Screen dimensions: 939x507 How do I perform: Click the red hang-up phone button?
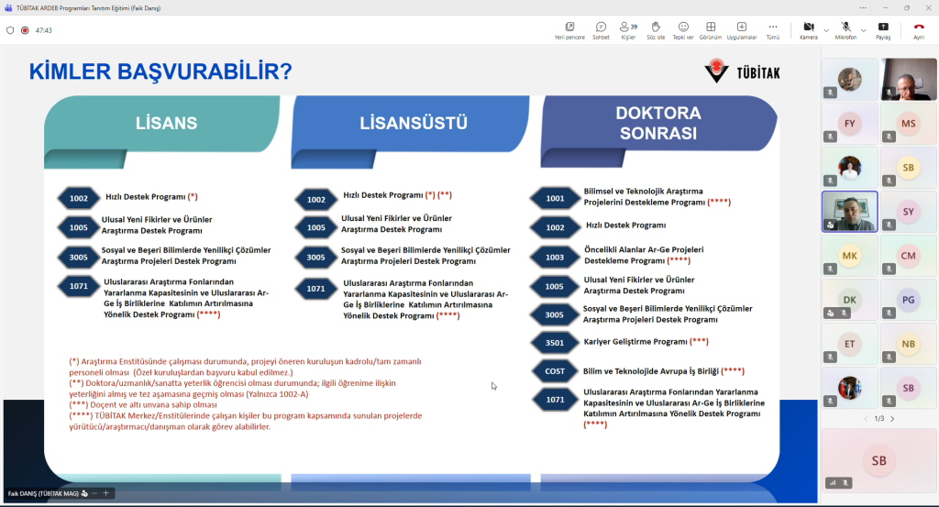click(x=918, y=27)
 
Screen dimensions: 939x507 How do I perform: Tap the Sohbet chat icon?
click(x=601, y=27)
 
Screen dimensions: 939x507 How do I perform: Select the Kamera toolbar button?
click(x=809, y=27)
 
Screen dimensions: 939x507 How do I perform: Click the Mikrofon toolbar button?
click(x=845, y=27)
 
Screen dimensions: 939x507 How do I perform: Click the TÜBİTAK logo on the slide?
click(x=742, y=72)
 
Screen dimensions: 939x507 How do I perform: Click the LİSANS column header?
click(x=166, y=123)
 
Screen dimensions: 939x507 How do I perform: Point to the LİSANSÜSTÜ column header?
click(x=414, y=123)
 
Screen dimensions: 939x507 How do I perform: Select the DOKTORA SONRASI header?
click(x=658, y=123)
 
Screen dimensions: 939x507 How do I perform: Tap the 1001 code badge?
click(x=555, y=198)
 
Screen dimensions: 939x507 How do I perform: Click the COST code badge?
click(x=555, y=371)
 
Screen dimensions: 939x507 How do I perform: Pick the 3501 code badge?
click(x=555, y=343)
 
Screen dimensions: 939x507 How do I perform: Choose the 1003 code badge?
click(x=555, y=258)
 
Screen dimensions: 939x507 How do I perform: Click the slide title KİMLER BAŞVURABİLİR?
click(x=160, y=72)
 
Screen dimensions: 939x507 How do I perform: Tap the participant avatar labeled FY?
click(x=850, y=123)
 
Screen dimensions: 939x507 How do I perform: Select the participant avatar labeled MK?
click(x=850, y=256)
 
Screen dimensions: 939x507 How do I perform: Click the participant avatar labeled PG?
click(x=909, y=300)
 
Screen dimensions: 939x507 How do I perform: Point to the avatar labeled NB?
click(x=909, y=344)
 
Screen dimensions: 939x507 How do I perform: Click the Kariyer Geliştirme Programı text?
click(x=635, y=342)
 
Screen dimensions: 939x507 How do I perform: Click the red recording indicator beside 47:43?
click(x=25, y=30)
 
